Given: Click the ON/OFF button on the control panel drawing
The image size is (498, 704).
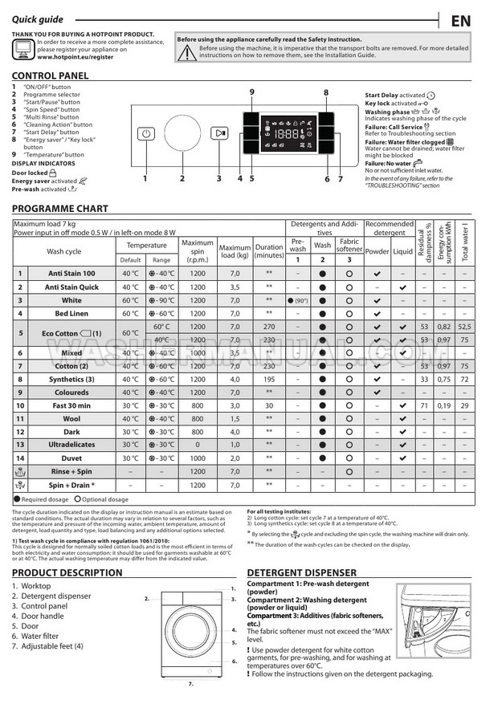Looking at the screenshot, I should point(145,134).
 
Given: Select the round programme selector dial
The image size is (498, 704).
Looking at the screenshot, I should point(182,133).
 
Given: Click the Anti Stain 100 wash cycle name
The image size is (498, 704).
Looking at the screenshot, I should point(71,274).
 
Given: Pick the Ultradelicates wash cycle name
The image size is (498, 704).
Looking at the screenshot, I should point(71,445).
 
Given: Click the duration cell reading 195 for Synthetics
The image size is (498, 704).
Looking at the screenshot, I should point(269,379).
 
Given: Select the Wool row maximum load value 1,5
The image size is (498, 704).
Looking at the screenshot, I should point(235,418).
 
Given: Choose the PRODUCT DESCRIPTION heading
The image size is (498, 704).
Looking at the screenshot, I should point(67,572).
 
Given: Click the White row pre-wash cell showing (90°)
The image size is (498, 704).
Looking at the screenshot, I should point(298,299).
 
